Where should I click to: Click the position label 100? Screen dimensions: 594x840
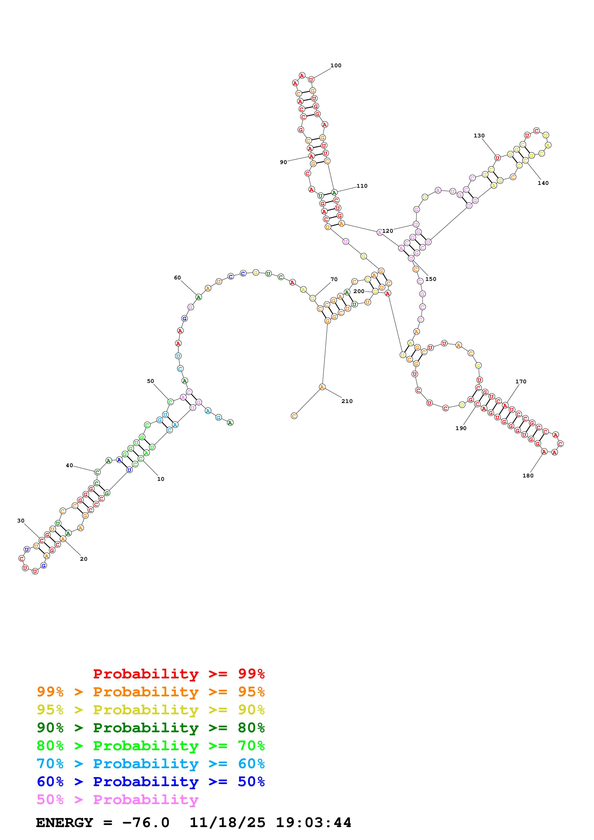click(x=336, y=65)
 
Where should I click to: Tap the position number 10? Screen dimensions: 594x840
click(x=161, y=479)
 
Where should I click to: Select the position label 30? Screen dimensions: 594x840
click(x=21, y=521)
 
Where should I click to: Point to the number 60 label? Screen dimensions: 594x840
click(x=178, y=278)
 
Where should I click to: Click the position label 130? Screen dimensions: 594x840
click(x=479, y=136)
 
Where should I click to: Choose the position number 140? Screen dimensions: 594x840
click(x=543, y=183)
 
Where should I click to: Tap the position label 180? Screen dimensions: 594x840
click(x=528, y=476)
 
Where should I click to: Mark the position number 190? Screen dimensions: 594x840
click(x=461, y=428)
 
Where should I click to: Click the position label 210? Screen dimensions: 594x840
click(x=347, y=401)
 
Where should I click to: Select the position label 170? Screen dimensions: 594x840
click(x=521, y=382)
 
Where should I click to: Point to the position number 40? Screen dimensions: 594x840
click(x=69, y=465)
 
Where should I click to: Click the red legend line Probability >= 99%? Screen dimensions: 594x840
click(x=179, y=674)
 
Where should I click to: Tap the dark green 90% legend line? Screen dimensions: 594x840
click(x=150, y=728)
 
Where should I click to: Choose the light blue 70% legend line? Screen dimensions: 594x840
click(x=150, y=764)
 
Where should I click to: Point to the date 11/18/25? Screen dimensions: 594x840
click(x=227, y=823)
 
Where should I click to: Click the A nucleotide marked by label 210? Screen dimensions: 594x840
click(x=322, y=387)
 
